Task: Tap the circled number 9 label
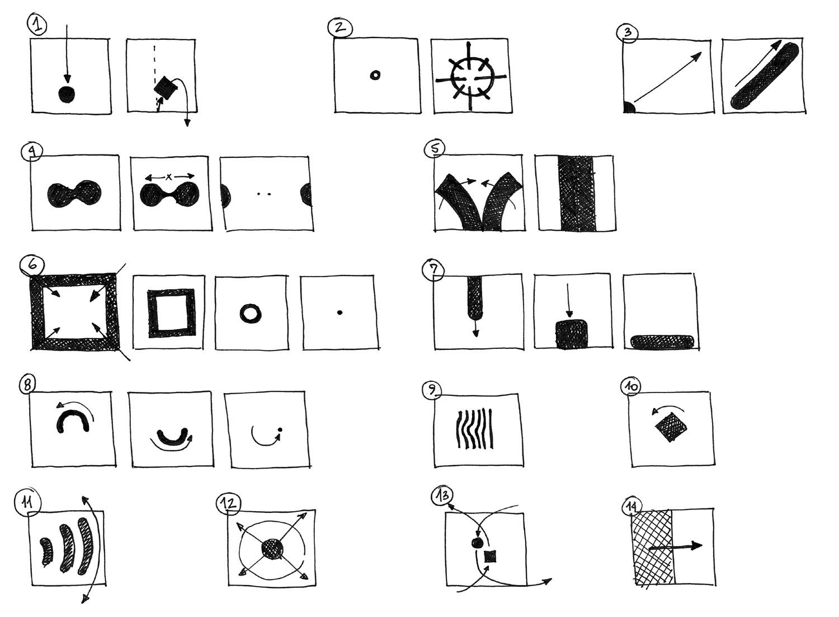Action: coord(432,390)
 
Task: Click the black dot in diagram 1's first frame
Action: coord(67,94)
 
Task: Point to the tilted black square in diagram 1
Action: coord(165,88)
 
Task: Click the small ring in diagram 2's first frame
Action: coord(375,76)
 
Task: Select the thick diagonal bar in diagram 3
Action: coord(765,76)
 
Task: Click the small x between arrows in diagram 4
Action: coord(169,176)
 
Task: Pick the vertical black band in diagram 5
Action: coord(577,193)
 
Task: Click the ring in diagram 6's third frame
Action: coord(251,313)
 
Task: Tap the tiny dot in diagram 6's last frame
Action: coord(340,312)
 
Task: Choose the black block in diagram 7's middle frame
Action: coord(572,334)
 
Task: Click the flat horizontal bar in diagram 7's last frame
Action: coord(662,342)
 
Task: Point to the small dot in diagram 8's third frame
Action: coord(280,430)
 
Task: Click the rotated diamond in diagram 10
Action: coord(671,427)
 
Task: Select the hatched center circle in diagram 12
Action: coord(272,549)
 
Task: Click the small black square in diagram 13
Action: coord(490,557)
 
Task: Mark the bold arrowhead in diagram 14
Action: coord(696,546)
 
